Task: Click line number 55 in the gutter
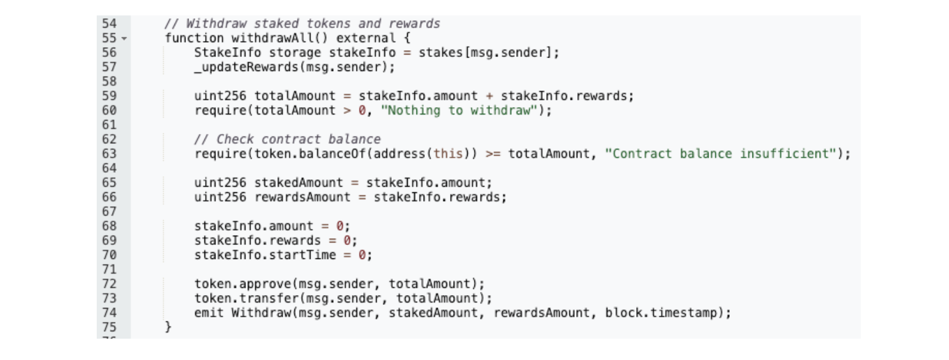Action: (109, 38)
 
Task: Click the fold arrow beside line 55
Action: (124, 39)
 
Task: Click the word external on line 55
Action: (366, 38)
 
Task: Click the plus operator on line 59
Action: (489, 96)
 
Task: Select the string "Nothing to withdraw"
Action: (459, 111)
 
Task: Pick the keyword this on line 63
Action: (448, 154)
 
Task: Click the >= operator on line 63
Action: (493, 154)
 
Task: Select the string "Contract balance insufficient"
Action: (721, 154)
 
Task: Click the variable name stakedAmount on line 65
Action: (299, 182)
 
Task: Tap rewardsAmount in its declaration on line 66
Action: (302, 197)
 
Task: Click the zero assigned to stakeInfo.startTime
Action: (362, 255)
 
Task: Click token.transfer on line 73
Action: (247, 299)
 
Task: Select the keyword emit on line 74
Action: (209, 313)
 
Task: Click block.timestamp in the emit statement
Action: (661, 313)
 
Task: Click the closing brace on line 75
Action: (168, 327)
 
